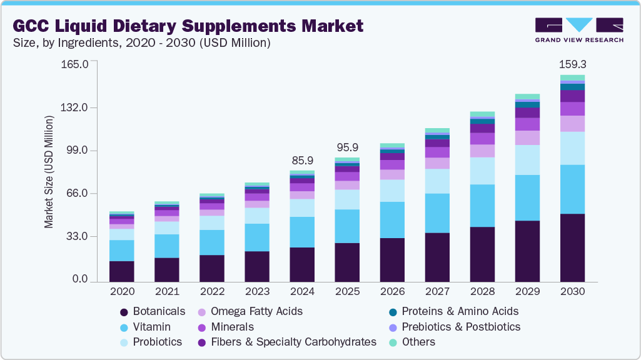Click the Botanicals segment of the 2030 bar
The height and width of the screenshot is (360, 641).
[x=572, y=247]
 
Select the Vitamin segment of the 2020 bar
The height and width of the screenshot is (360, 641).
[x=122, y=250]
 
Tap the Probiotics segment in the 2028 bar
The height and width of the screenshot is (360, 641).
[x=482, y=171]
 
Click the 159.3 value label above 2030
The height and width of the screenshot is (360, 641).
[x=572, y=64]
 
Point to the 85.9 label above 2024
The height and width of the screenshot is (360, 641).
[x=302, y=161]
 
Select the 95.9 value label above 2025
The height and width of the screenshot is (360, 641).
[x=347, y=147]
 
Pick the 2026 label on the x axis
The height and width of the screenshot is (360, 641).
[x=392, y=292]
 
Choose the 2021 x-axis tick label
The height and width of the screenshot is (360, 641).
[x=167, y=292]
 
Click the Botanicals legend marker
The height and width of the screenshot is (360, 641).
[x=124, y=311]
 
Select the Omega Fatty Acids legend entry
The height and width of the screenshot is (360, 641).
[x=256, y=311]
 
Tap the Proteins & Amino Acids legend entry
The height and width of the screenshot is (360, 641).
[x=460, y=311]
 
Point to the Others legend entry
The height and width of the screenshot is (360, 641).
[x=418, y=342]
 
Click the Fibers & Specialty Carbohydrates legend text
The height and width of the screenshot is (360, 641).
[x=293, y=342]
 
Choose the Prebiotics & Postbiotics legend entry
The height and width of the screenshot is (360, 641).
[x=461, y=327]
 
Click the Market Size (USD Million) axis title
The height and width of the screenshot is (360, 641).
[x=49, y=172]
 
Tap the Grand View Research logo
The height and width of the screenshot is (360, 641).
[x=578, y=29]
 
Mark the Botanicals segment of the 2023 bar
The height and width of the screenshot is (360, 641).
[x=257, y=266]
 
